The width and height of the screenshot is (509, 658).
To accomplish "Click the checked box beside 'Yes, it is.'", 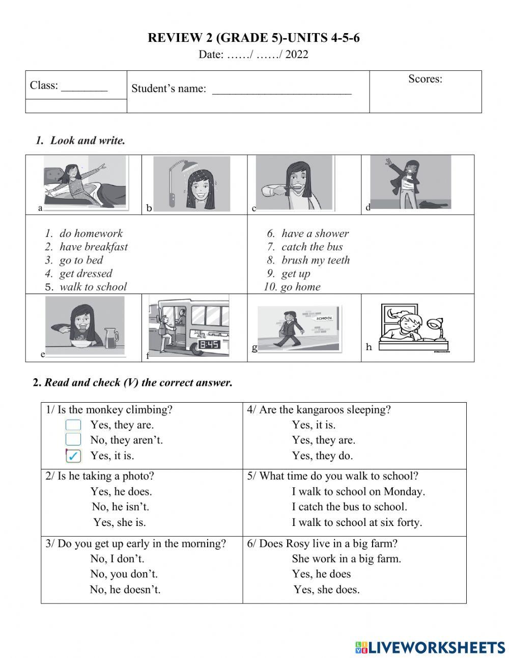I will (73, 456).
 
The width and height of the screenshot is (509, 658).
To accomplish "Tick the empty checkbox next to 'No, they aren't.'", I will (73, 440).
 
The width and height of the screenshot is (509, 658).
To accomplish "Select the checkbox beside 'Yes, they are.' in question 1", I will (73, 425).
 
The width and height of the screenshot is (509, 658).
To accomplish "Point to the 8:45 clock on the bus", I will (209, 345).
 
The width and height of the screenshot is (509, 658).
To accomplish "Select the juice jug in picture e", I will (111, 337).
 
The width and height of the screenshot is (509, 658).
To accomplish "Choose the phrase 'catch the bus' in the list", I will (312, 247).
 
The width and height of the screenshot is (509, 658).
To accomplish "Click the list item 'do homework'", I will (91, 233).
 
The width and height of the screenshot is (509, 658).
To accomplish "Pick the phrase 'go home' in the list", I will (300, 286).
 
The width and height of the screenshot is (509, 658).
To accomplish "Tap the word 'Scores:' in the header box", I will (425, 79).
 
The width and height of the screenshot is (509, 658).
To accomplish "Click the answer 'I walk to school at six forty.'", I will (357, 522).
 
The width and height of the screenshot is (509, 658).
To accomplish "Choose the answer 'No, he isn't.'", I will (120, 507).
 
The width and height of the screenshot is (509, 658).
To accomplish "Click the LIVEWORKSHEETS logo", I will (430, 647).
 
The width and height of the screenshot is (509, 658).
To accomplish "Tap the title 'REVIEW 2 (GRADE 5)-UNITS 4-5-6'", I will (253, 38).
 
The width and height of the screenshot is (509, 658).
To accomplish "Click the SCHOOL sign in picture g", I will (324, 318).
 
